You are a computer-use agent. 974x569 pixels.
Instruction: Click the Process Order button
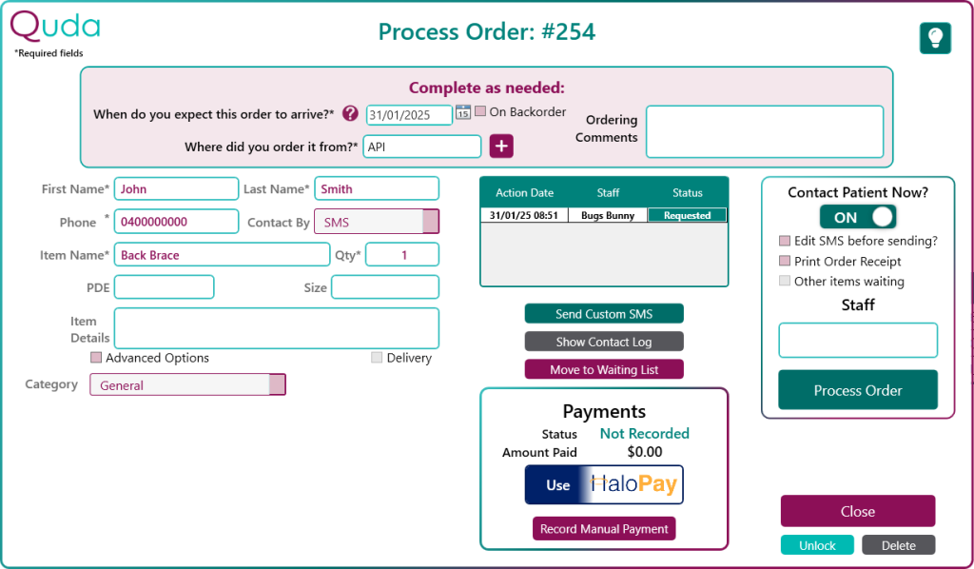858,390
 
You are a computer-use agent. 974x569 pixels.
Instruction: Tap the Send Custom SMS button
604,314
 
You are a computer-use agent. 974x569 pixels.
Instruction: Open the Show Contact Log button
604,342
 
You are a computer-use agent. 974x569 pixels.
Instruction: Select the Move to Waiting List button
604,369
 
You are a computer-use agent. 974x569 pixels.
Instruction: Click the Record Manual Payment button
604,529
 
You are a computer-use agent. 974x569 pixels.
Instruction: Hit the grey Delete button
898,545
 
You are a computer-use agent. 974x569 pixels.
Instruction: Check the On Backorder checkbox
480,111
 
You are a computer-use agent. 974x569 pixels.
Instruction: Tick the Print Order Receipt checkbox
785,261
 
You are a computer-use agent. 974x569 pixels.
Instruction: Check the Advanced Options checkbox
96,357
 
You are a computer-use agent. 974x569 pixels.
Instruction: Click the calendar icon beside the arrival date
463,112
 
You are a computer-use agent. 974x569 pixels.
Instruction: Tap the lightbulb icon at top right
936,38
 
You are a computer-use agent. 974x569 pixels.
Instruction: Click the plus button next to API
501,146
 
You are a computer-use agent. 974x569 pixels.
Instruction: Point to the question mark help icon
350,113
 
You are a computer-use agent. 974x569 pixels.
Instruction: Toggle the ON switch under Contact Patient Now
858,217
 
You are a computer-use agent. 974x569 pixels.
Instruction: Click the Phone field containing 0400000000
176,222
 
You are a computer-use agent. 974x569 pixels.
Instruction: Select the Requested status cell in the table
687,216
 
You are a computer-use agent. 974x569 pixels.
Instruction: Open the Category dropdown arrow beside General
277,384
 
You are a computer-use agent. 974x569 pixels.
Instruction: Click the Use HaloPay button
604,484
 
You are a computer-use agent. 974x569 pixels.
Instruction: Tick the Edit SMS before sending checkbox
785,241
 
